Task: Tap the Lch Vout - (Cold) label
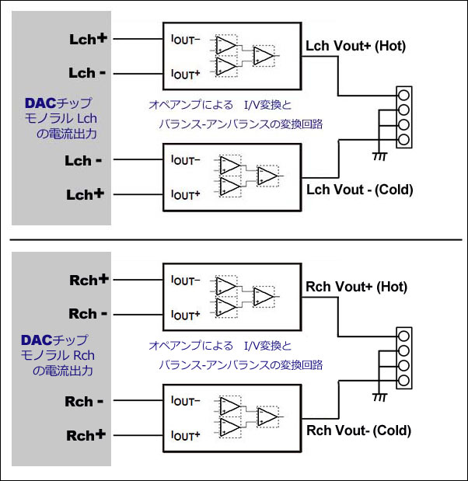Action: pos(358,190)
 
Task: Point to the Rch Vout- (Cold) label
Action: pos(358,430)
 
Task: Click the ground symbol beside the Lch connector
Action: pos(380,155)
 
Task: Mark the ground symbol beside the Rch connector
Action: pos(380,396)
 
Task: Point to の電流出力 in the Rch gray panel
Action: pos(62,371)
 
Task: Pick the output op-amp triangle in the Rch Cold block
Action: pos(267,417)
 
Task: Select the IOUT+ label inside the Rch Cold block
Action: pos(184,435)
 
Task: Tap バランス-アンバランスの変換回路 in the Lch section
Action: pos(241,124)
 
